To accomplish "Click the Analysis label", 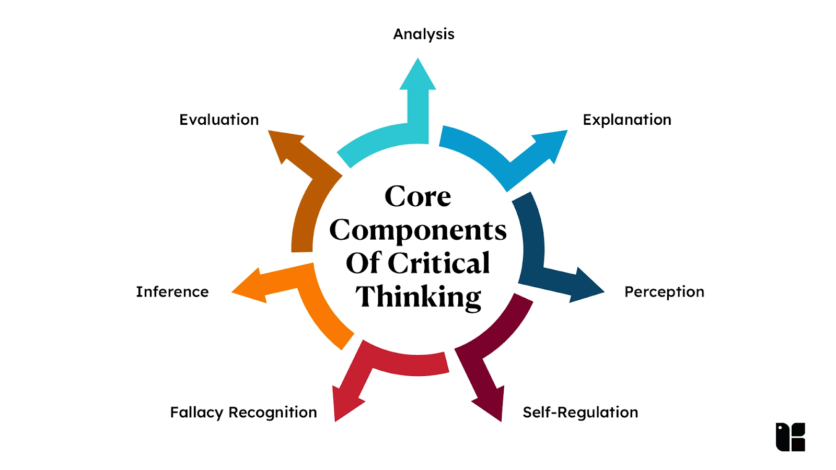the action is click(x=424, y=34).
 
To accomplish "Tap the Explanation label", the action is click(x=627, y=120).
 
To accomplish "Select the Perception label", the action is click(x=664, y=292).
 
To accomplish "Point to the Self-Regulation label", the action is click(x=580, y=413).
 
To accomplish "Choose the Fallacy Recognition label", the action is click(x=243, y=413).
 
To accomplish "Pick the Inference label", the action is click(x=172, y=292).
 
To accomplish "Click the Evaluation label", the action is click(x=219, y=120).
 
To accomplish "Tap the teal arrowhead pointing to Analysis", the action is click(x=418, y=76).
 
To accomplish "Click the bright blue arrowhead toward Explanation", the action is click(x=551, y=143).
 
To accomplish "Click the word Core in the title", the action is click(x=417, y=197).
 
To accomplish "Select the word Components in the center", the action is click(x=418, y=230).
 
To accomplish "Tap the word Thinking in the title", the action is click(x=418, y=297).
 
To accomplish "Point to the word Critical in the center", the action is click(x=439, y=263).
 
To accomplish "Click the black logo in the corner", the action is click(x=790, y=437).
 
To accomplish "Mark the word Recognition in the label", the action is click(x=272, y=413).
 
